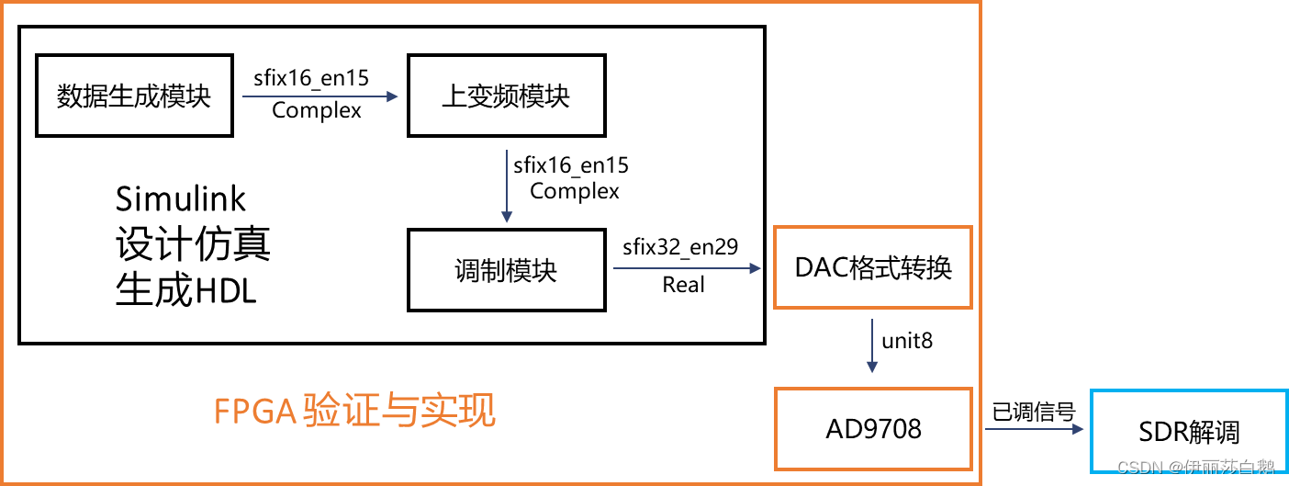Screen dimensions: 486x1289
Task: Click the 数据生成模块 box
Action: (x=134, y=96)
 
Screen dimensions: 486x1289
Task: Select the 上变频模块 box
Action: (x=506, y=96)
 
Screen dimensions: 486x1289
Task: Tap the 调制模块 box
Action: (x=506, y=270)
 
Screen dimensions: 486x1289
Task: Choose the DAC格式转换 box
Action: (x=873, y=267)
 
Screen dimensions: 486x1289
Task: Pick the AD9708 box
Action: (x=873, y=429)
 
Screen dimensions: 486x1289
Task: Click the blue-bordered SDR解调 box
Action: (x=1188, y=432)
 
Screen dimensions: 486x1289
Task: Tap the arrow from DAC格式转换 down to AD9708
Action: (x=872, y=345)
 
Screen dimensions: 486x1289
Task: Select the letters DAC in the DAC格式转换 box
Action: (x=824, y=267)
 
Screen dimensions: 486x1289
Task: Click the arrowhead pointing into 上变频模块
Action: (x=393, y=96)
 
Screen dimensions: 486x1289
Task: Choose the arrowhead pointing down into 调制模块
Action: (x=506, y=217)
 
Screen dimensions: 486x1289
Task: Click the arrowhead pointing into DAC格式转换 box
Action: (x=756, y=268)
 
